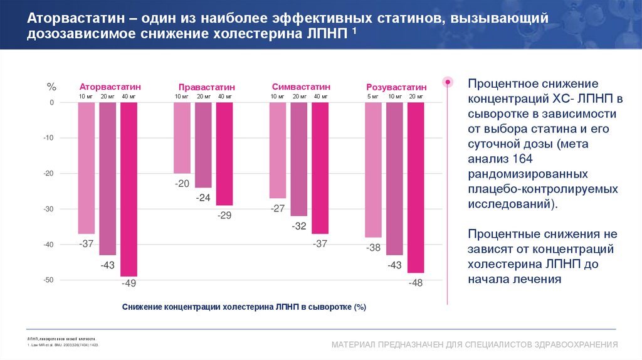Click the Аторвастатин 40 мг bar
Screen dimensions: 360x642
[129, 189]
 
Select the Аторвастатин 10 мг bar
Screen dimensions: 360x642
[87, 167]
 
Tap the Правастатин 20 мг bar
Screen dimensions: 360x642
[203, 145]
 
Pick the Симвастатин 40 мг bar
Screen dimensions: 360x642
[320, 167]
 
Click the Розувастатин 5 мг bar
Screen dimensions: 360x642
[373, 169]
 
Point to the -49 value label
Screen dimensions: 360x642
[129, 283]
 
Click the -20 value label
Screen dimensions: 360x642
[182, 184]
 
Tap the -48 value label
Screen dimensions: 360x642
[416, 283]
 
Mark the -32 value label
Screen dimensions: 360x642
[299, 226]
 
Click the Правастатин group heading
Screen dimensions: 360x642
[206, 87]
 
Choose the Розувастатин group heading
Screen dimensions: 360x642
[396, 87]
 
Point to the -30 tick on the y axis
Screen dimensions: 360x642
[48, 209]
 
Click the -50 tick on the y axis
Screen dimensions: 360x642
[48, 280]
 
